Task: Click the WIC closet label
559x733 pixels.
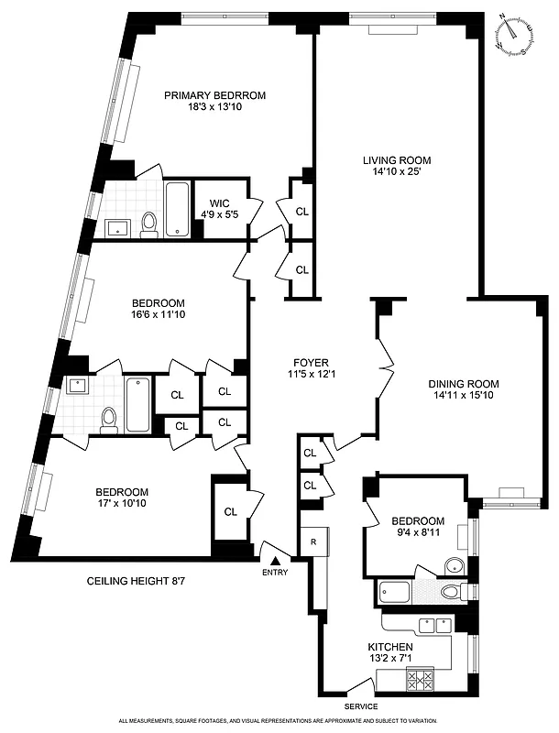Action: pos(219,203)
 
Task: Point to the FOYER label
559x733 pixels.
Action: pos(311,362)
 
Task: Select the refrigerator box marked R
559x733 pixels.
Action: pos(312,541)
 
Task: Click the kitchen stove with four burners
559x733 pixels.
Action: pos(423,680)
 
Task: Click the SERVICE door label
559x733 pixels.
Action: pos(361,706)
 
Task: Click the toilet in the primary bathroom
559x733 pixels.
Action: pos(148,223)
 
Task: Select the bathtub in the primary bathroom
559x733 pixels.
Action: pos(178,209)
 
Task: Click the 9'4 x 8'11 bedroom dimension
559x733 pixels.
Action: pos(418,533)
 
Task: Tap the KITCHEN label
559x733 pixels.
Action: pos(391,647)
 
